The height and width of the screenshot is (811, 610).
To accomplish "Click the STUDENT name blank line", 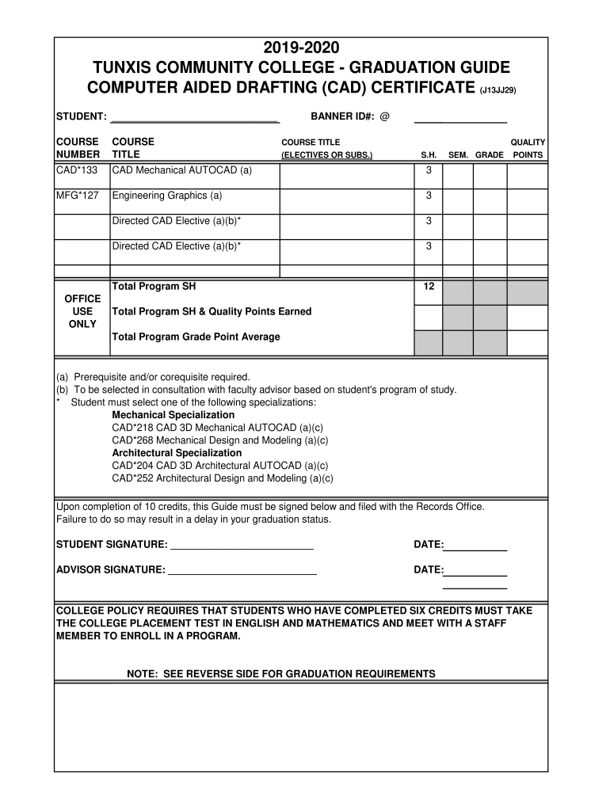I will point(195,119).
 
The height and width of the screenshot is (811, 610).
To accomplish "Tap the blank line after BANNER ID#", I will point(460,119).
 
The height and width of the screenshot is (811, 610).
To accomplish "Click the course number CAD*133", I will point(75,170).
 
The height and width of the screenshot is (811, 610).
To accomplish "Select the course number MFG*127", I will point(77,196).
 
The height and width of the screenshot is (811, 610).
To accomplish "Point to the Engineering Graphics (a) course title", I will point(167,196).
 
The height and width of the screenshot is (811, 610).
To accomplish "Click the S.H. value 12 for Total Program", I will point(429,286).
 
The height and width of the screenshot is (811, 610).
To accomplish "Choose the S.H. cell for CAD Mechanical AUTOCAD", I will point(429,171).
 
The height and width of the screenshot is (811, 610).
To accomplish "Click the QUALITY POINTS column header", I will point(528,148).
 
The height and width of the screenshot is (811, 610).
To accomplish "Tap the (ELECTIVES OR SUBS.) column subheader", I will point(327,155).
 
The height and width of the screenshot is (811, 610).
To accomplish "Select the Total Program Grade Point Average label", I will point(196,337).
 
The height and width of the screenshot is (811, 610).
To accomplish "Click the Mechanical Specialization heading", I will point(173,415).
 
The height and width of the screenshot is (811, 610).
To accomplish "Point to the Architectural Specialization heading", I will point(177,453).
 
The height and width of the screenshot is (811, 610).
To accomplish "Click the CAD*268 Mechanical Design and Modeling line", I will point(219,440).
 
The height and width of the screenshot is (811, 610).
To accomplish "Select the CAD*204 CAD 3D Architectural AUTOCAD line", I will point(219,466).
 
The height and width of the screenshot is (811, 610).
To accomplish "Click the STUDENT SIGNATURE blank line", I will point(242,546).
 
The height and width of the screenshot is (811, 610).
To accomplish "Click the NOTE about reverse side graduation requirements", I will point(281,674).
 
